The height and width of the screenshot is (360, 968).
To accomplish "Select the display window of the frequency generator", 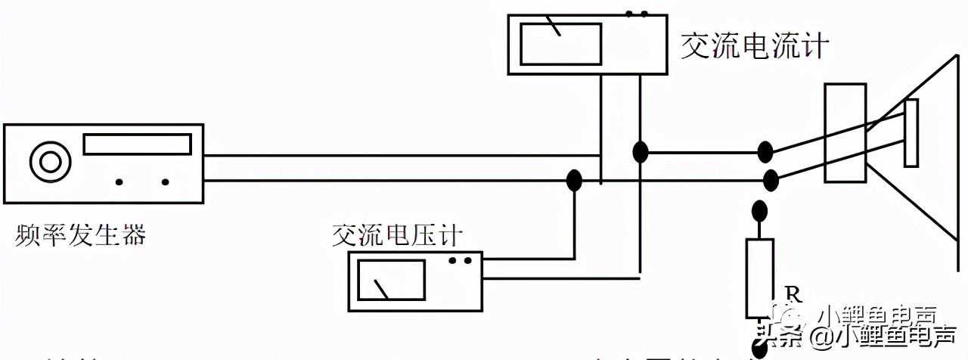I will pyautogui.click(x=137, y=144).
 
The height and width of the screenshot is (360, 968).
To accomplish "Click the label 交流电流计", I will pyautogui.click(x=754, y=46).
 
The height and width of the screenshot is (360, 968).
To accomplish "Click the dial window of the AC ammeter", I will pyautogui.click(x=561, y=44).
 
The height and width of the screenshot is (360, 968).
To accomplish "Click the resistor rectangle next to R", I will pyautogui.click(x=760, y=278).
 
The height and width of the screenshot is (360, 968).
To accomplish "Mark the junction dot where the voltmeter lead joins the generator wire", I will pyautogui.click(x=574, y=180).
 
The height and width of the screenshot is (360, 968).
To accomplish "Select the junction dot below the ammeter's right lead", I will pyautogui.click(x=641, y=152).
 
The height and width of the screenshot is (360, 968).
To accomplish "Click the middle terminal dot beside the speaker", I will pyautogui.click(x=771, y=180).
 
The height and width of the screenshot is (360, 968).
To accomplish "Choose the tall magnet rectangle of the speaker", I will pyautogui.click(x=845, y=133).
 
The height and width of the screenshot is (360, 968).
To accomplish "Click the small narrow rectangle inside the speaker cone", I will pyautogui.click(x=911, y=133).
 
